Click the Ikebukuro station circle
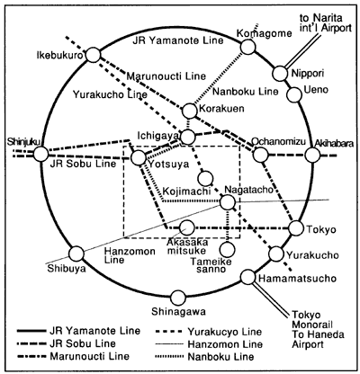94,56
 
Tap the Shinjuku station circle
40,155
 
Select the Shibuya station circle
76,254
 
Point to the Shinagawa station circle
178,298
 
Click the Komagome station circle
248,48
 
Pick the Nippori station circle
280,73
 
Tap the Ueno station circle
294,94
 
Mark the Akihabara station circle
312,155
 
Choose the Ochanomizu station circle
260,155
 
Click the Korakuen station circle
190,111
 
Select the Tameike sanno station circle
228,249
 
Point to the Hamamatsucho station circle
248,277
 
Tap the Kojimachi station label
186,191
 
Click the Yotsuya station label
169,165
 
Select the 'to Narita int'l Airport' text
325,22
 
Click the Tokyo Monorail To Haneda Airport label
318,330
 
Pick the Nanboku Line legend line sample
169,357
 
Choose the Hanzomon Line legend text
225,344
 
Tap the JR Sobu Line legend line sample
31,343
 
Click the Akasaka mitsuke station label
187,246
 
